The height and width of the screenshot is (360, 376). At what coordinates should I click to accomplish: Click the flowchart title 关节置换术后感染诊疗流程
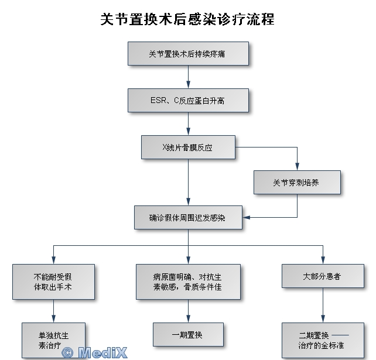pos(187,19)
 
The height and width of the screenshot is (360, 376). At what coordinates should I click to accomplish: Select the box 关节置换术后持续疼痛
pos(188,54)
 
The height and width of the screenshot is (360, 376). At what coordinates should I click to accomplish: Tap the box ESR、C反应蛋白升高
pos(188,101)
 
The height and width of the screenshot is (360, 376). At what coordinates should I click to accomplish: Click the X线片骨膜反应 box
pos(188,147)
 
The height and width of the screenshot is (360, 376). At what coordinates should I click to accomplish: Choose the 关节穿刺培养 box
pos(297,183)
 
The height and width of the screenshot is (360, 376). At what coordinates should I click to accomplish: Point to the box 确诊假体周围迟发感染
pos(188,217)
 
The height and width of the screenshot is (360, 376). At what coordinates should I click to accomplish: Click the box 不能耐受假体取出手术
pos(53,282)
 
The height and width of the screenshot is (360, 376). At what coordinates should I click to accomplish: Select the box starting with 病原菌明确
pos(188,282)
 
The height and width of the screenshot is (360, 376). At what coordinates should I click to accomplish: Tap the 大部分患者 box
pos(323,276)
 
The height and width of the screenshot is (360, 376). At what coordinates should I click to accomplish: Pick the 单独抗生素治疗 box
pos(53,340)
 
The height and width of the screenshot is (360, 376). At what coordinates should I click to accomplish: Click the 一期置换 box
pos(188,335)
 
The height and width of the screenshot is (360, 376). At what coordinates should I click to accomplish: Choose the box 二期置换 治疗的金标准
pos(323,340)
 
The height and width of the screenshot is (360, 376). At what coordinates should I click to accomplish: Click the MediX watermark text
pos(102,353)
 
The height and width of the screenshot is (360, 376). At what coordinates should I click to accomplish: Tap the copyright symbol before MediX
pos(67,353)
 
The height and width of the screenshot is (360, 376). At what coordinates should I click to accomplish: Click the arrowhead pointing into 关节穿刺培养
pos(297,167)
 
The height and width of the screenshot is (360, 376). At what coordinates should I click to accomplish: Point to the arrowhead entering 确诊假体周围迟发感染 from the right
pos(246,217)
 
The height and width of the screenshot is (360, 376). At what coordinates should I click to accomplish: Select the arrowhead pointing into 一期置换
pos(188,319)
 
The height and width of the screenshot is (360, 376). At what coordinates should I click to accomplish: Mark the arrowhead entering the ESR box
pos(188,85)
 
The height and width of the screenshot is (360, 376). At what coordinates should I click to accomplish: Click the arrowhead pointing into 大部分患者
pos(323,260)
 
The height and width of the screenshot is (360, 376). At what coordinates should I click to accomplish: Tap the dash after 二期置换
pos(341,335)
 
